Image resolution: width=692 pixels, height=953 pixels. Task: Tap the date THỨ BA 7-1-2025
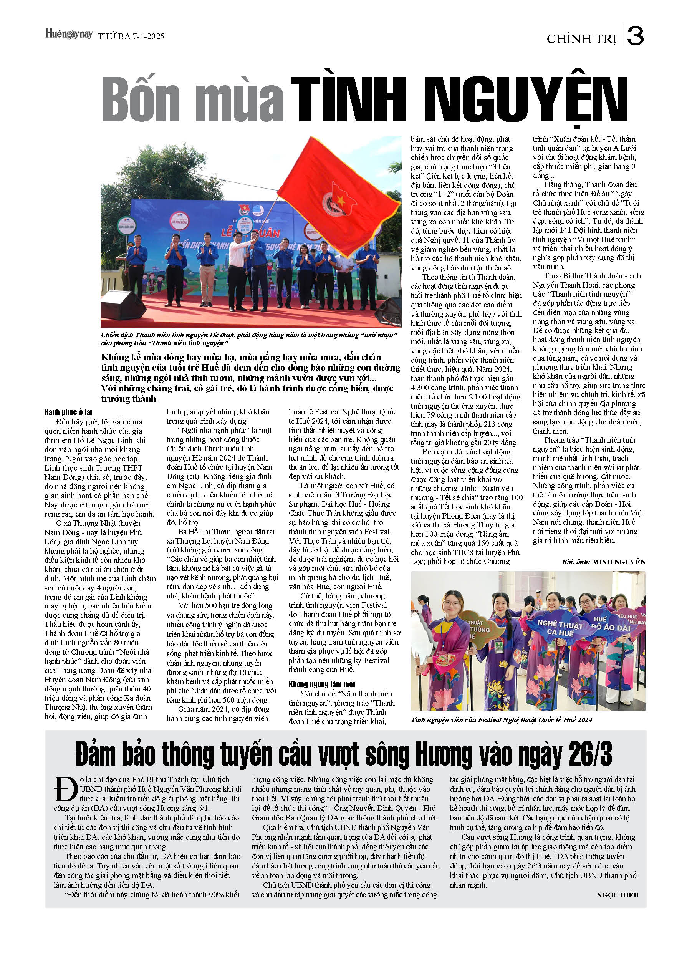[x=131, y=36]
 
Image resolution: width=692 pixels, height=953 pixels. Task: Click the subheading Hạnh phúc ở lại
[x=68, y=412]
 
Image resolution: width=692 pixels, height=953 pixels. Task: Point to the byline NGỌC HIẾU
[x=617, y=895]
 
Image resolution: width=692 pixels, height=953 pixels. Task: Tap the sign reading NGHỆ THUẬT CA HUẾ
[x=560, y=627]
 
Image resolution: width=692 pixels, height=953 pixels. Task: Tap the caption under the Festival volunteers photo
[x=502, y=720]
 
